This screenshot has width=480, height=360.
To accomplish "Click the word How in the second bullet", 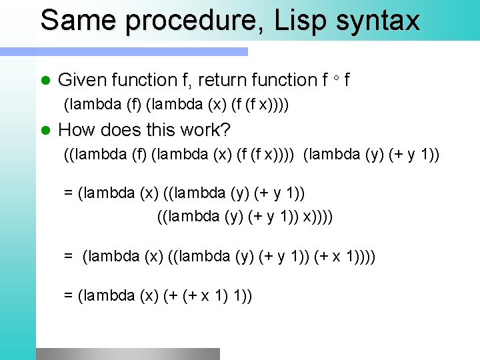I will pos(75,129).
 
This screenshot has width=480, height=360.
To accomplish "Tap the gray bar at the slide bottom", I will pos(127,353).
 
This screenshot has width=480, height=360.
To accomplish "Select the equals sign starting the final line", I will pos(68,296).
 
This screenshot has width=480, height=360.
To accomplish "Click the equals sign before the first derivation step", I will pos(68,193).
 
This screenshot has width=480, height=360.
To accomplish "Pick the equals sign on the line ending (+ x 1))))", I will pos(68,256).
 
